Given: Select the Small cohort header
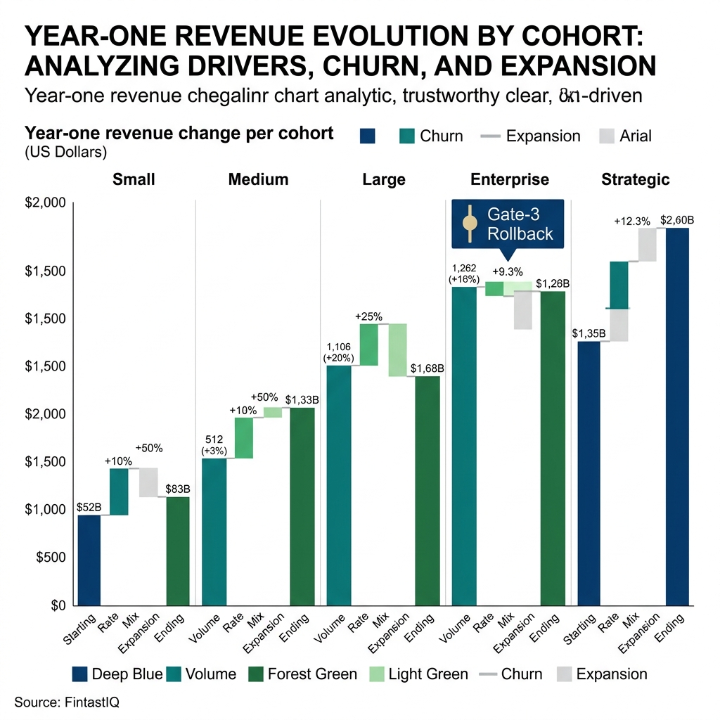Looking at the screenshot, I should pyautogui.click(x=134, y=179).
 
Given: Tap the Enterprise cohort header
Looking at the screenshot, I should pyautogui.click(x=510, y=179).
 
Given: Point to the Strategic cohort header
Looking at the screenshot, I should pyautogui.click(x=636, y=179).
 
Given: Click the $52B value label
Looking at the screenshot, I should pyautogui.click(x=89, y=508).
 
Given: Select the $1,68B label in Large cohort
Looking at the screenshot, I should pyautogui.click(x=427, y=368).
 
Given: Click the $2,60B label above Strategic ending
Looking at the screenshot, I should pyautogui.click(x=677, y=220).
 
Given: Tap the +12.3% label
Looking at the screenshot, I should pyautogui.click(x=632, y=221).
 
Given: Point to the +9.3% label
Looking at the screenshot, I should pyautogui.click(x=507, y=271).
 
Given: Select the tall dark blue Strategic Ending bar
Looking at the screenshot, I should pyautogui.click(x=677, y=415).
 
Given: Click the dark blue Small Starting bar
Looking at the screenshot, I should pyautogui.click(x=89, y=560).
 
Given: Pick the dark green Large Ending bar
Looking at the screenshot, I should pyautogui.click(x=427, y=490).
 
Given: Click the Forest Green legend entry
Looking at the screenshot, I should pyautogui.click(x=302, y=674).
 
